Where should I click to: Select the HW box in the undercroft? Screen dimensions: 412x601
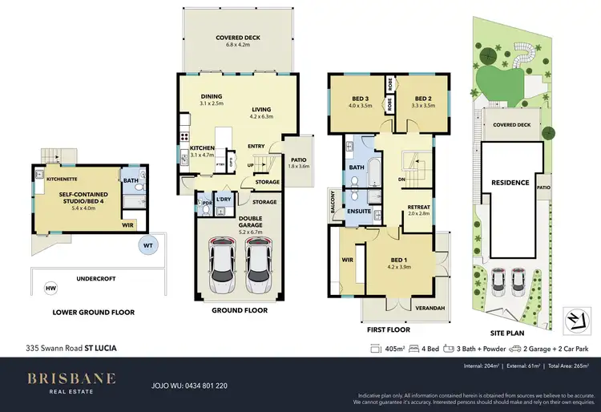pyautogui.click(x=51, y=287)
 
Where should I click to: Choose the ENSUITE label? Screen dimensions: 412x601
pyautogui.click(x=359, y=212)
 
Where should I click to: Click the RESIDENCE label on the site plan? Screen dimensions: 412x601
pyautogui.click(x=510, y=182)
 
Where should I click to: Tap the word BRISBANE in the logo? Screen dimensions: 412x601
pyautogui.click(x=72, y=378)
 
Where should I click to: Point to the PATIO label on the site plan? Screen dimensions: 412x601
pyautogui.click(x=543, y=188)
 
